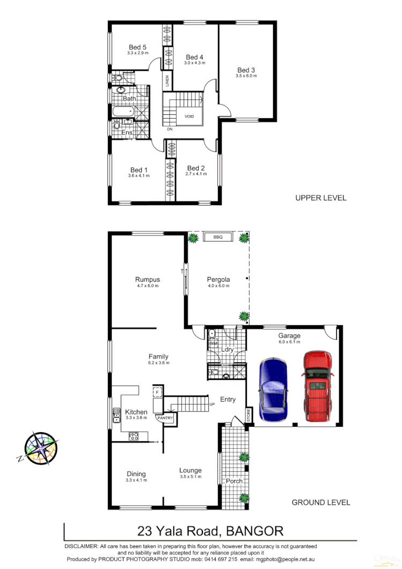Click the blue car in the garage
[273, 389]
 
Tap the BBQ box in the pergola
[217, 237]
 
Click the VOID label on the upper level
[189, 116]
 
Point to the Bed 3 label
[246, 70]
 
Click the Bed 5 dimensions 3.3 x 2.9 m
[137, 53]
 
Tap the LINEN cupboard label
[167, 82]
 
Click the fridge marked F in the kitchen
[157, 392]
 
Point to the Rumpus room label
[147, 280]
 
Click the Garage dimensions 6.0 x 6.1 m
[289, 342]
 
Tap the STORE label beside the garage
[248, 414]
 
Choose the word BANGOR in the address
[255, 531]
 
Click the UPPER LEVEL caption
[320, 198]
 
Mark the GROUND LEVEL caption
[320, 502]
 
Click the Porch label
[234, 481]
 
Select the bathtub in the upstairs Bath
[123, 112]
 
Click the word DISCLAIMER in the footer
[81, 546]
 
